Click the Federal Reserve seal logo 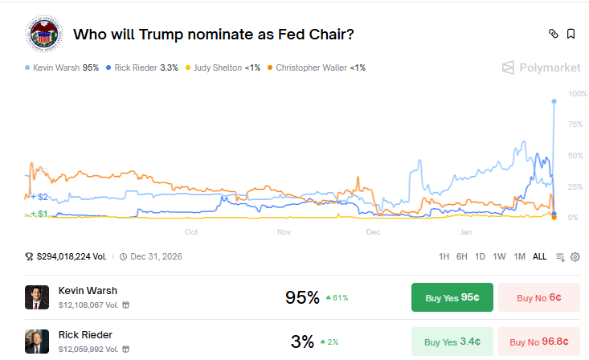[44, 35]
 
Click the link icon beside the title [553, 34]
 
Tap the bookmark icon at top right [571, 34]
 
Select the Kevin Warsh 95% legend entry [62, 67]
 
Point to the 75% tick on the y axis [575, 125]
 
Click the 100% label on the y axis [577, 94]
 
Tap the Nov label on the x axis [284, 232]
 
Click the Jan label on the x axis [466, 232]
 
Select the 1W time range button [500, 256]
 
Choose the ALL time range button [539, 256]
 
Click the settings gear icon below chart [575, 256]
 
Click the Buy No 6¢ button [538, 297]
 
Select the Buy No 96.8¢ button [538, 342]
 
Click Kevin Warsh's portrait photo [37, 297]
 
